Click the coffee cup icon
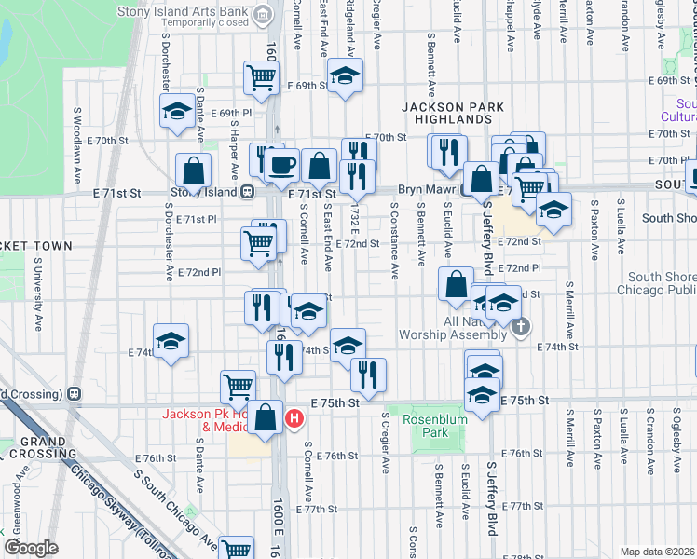pyautogui.click(x=281, y=167)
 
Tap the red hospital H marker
pyautogui.click(x=294, y=419)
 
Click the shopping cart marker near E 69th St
pyautogui.click(x=262, y=78)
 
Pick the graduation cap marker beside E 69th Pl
pyautogui.click(x=176, y=113)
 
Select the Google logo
pyautogui.click(x=31, y=548)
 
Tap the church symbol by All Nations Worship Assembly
pyautogui.click(x=520, y=326)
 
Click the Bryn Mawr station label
pyautogui.click(x=425, y=188)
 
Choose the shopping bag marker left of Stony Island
pyautogui.click(x=193, y=171)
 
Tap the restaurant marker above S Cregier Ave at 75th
pyautogui.click(x=368, y=375)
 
